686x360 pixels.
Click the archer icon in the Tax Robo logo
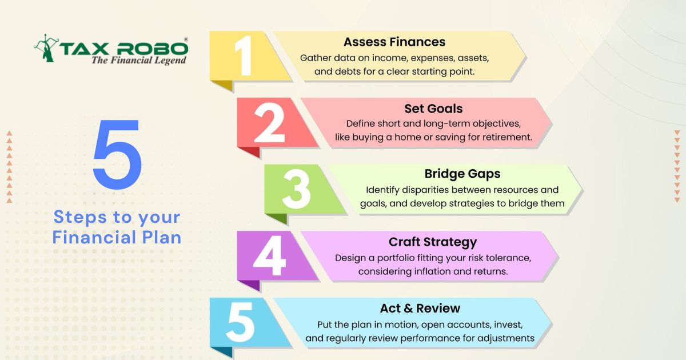[46, 48]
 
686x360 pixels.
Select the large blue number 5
[117, 154]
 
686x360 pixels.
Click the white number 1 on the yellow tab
[244, 55]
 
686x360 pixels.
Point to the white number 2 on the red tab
[269, 122]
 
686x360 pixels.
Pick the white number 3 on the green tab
[297, 189]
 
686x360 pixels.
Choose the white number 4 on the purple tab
[269, 255]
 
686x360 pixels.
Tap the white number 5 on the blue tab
[240, 322]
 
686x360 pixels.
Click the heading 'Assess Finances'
[394, 42]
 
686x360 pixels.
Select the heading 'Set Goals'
[433, 109]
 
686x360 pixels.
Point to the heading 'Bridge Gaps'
[462, 174]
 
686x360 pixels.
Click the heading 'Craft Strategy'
[433, 242]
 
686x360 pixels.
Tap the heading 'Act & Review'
[420, 308]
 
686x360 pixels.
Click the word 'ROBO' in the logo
[152, 49]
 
